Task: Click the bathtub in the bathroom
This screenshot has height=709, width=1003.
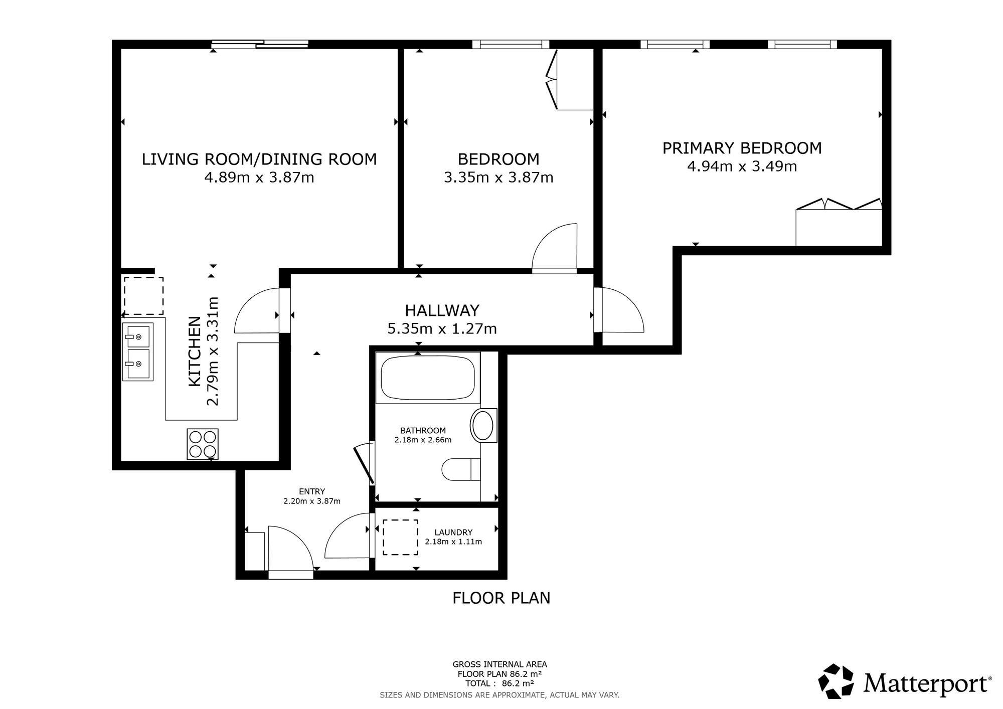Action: (x=428, y=378)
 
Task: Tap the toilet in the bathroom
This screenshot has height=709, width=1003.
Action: (x=461, y=470)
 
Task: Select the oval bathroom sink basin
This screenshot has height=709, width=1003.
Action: (x=483, y=426)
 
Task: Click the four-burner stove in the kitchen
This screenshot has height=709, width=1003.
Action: (x=203, y=444)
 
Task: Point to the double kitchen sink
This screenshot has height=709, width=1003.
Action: (x=138, y=351)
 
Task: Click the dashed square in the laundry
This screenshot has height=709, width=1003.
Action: (x=401, y=537)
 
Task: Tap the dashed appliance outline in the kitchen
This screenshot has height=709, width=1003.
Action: (x=144, y=296)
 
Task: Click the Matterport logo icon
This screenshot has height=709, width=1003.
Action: (x=836, y=681)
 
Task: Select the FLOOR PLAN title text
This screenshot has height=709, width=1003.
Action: (x=501, y=598)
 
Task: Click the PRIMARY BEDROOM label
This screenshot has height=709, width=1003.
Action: (x=742, y=148)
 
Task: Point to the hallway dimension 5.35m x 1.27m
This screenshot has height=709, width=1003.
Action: (x=442, y=329)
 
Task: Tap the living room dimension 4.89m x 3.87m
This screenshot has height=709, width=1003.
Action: (x=259, y=178)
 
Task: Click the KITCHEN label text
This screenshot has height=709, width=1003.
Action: (x=195, y=351)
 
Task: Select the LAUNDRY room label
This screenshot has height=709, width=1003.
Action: (x=453, y=533)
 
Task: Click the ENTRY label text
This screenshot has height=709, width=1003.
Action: (x=312, y=491)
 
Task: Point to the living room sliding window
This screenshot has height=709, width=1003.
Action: (x=260, y=44)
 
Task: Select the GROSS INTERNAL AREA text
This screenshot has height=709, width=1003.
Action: (x=499, y=664)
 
